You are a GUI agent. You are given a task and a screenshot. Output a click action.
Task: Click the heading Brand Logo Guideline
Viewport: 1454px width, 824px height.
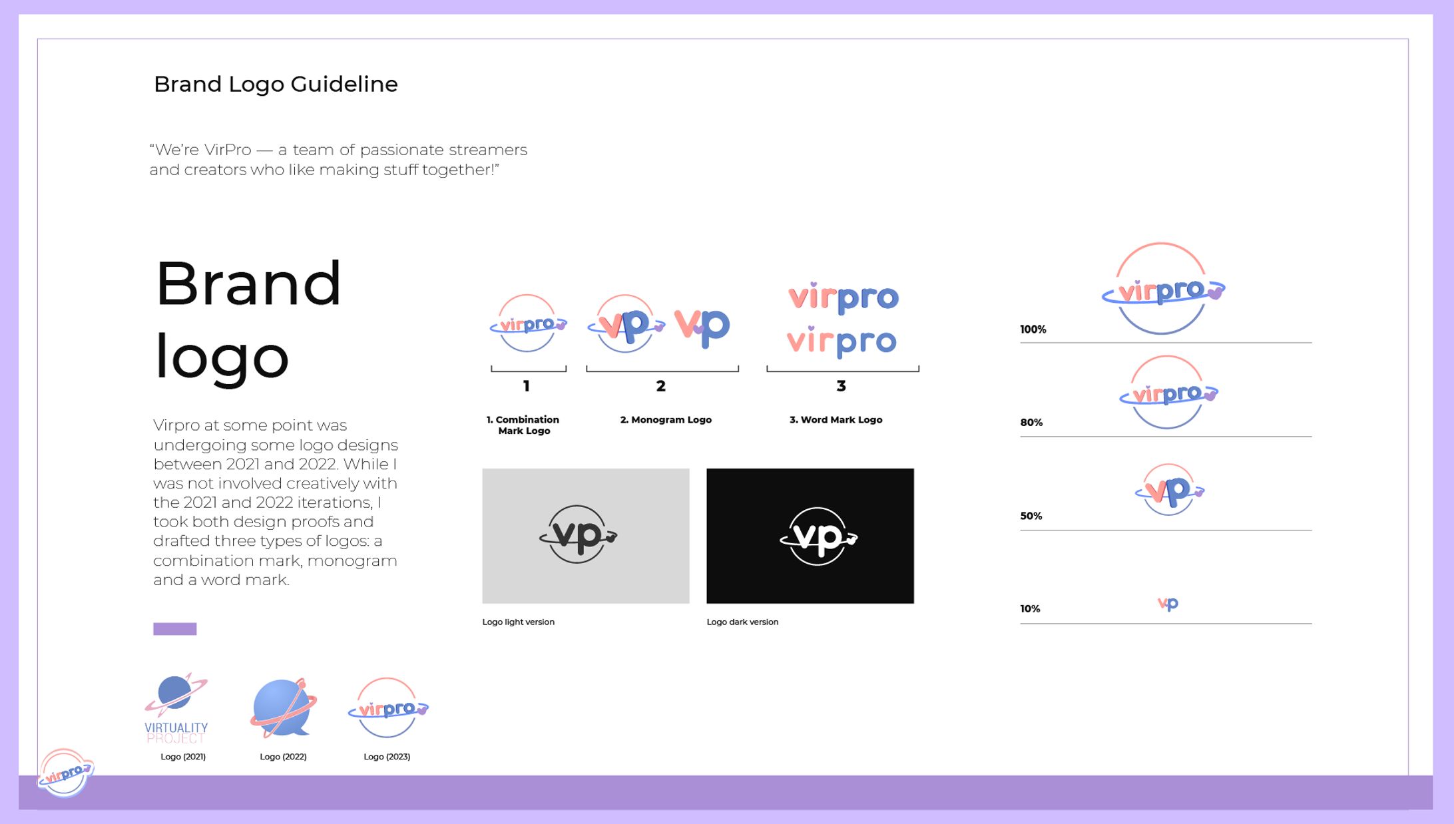coord(276,85)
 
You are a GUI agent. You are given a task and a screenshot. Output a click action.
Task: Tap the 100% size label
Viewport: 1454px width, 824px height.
coord(1033,329)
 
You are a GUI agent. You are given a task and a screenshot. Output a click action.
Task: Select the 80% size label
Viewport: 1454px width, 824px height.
coord(1031,423)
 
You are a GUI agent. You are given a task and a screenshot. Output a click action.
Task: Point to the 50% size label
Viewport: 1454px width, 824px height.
coord(1031,516)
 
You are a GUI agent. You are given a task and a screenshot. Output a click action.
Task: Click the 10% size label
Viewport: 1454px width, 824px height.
coord(1030,609)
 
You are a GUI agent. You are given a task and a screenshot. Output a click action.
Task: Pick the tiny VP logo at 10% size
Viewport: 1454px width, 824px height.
coord(1168,604)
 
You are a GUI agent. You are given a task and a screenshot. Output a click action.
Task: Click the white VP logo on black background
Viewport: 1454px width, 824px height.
coord(818,536)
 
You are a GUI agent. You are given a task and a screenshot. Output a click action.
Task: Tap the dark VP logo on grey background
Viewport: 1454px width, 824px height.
coord(578,534)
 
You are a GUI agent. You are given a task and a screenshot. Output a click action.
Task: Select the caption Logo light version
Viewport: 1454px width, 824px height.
coord(518,622)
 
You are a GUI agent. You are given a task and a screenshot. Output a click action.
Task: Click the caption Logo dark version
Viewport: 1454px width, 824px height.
coord(742,622)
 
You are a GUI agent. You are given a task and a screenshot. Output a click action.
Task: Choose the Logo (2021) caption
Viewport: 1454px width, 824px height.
coord(183,757)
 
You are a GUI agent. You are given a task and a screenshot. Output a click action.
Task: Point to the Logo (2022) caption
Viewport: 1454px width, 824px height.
coord(283,757)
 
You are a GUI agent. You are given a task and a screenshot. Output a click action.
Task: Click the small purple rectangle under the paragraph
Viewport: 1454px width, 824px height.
coord(174,629)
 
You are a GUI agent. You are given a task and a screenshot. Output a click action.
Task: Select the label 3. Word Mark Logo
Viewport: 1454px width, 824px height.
coord(836,420)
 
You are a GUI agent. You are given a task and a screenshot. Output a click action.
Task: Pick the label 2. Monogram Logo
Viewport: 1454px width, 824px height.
coord(666,420)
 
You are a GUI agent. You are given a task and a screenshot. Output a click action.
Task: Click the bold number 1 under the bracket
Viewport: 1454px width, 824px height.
coord(527,386)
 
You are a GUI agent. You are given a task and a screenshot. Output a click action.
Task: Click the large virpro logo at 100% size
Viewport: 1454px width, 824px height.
coord(1162,290)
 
